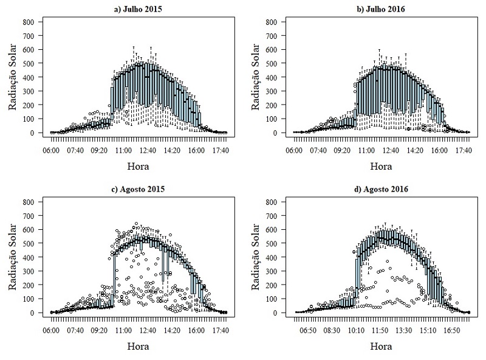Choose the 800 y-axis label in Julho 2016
click(x=272, y=22)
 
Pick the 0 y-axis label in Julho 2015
click(x=36, y=133)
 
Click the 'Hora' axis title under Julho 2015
click(x=139, y=166)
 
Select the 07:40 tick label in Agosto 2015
click(x=75, y=330)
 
